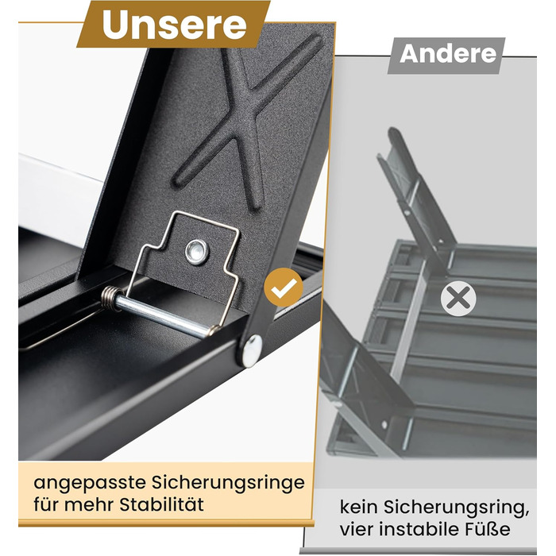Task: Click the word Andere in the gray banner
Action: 448,54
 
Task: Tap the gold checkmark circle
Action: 284,288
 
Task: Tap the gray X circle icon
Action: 458,299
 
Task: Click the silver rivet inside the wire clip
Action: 197,252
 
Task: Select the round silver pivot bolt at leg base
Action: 252,351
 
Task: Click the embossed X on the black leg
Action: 245,117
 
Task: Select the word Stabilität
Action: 161,504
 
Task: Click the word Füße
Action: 491,529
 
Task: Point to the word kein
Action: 359,507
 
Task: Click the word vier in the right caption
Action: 357,529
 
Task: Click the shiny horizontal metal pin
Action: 162,314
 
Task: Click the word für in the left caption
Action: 47,504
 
